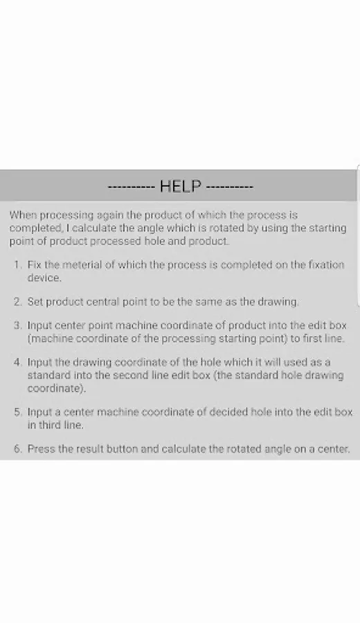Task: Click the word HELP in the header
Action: coord(181,186)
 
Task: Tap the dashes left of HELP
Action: coord(132,187)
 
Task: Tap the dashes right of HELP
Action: coord(230,187)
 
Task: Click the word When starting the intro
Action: coord(23,215)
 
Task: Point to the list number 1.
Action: coord(17,264)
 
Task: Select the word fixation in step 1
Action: coord(327,264)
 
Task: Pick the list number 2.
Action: coord(17,302)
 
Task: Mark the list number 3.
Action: coord(17,325)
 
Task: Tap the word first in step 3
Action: coord(313,338)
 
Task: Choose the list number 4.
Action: coord(17,362)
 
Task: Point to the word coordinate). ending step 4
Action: coord(57,388)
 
